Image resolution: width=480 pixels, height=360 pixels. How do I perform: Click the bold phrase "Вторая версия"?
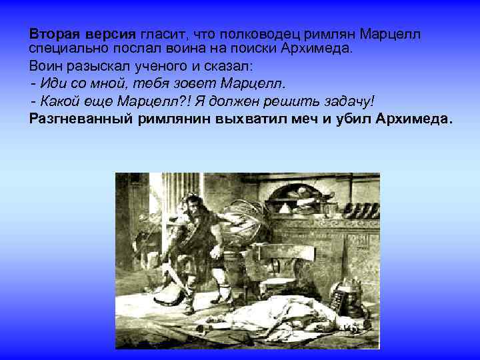click(x=82, y=33)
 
